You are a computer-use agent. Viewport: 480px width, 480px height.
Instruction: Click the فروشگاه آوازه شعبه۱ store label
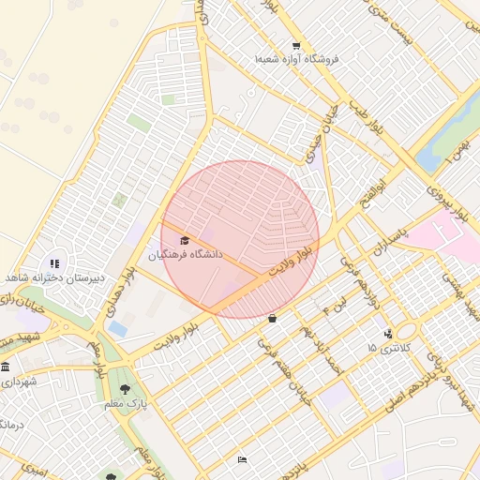[297, 59]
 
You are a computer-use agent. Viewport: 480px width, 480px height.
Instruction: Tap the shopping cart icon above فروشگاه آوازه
[296, 46]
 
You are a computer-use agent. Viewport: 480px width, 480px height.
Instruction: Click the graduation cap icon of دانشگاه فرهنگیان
[184, 241]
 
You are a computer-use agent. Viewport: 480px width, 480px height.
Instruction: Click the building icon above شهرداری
[6, 367]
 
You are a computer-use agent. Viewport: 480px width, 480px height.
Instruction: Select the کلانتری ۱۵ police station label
[386, 348]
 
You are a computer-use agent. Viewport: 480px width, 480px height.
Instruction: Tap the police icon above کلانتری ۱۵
[388, 334]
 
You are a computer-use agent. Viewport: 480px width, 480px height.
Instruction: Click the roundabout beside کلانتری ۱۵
[406, 331]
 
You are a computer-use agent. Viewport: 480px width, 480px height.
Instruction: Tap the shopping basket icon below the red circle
[272, 319]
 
